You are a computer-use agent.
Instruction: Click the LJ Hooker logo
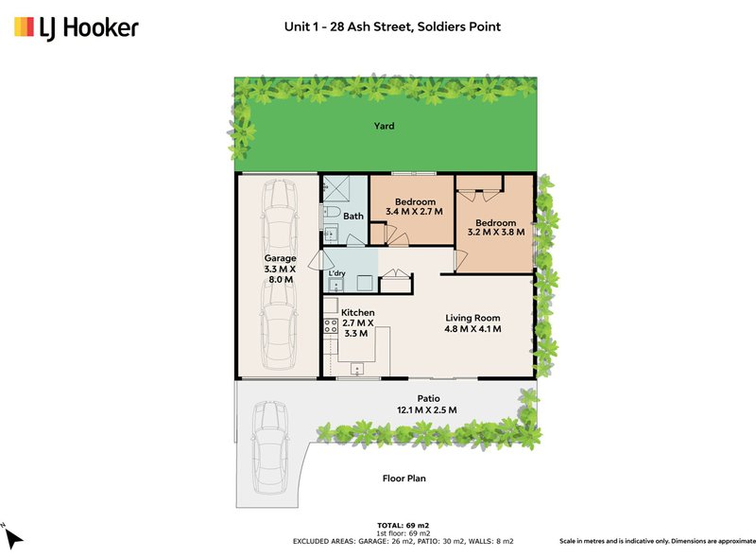coord(77,28)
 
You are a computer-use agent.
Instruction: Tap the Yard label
coord(383,126)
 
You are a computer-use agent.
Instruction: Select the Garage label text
coord(280,258)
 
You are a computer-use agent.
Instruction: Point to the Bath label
coord(353,217)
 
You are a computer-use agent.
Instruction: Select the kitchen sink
coord(357,369)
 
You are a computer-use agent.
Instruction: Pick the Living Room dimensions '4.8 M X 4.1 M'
coord(473,329)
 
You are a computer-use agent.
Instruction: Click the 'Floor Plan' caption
coord(404,479)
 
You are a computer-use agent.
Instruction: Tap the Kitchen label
coord(358,312)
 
